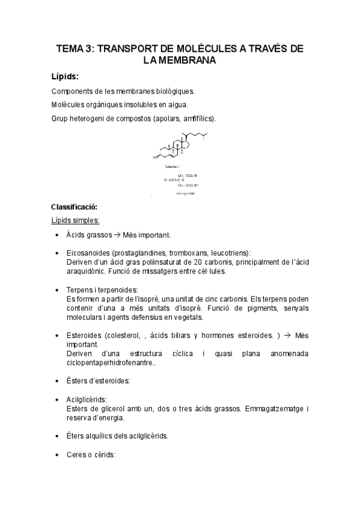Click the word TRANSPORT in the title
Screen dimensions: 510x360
pos(126,49)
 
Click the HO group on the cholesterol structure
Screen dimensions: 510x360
pos(154,158)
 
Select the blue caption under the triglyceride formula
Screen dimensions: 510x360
pos(185,194)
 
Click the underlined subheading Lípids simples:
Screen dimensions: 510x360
pos(76,220)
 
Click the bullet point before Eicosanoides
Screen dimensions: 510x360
pos(56,253)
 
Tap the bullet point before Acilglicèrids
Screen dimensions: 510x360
pos(56,399)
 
